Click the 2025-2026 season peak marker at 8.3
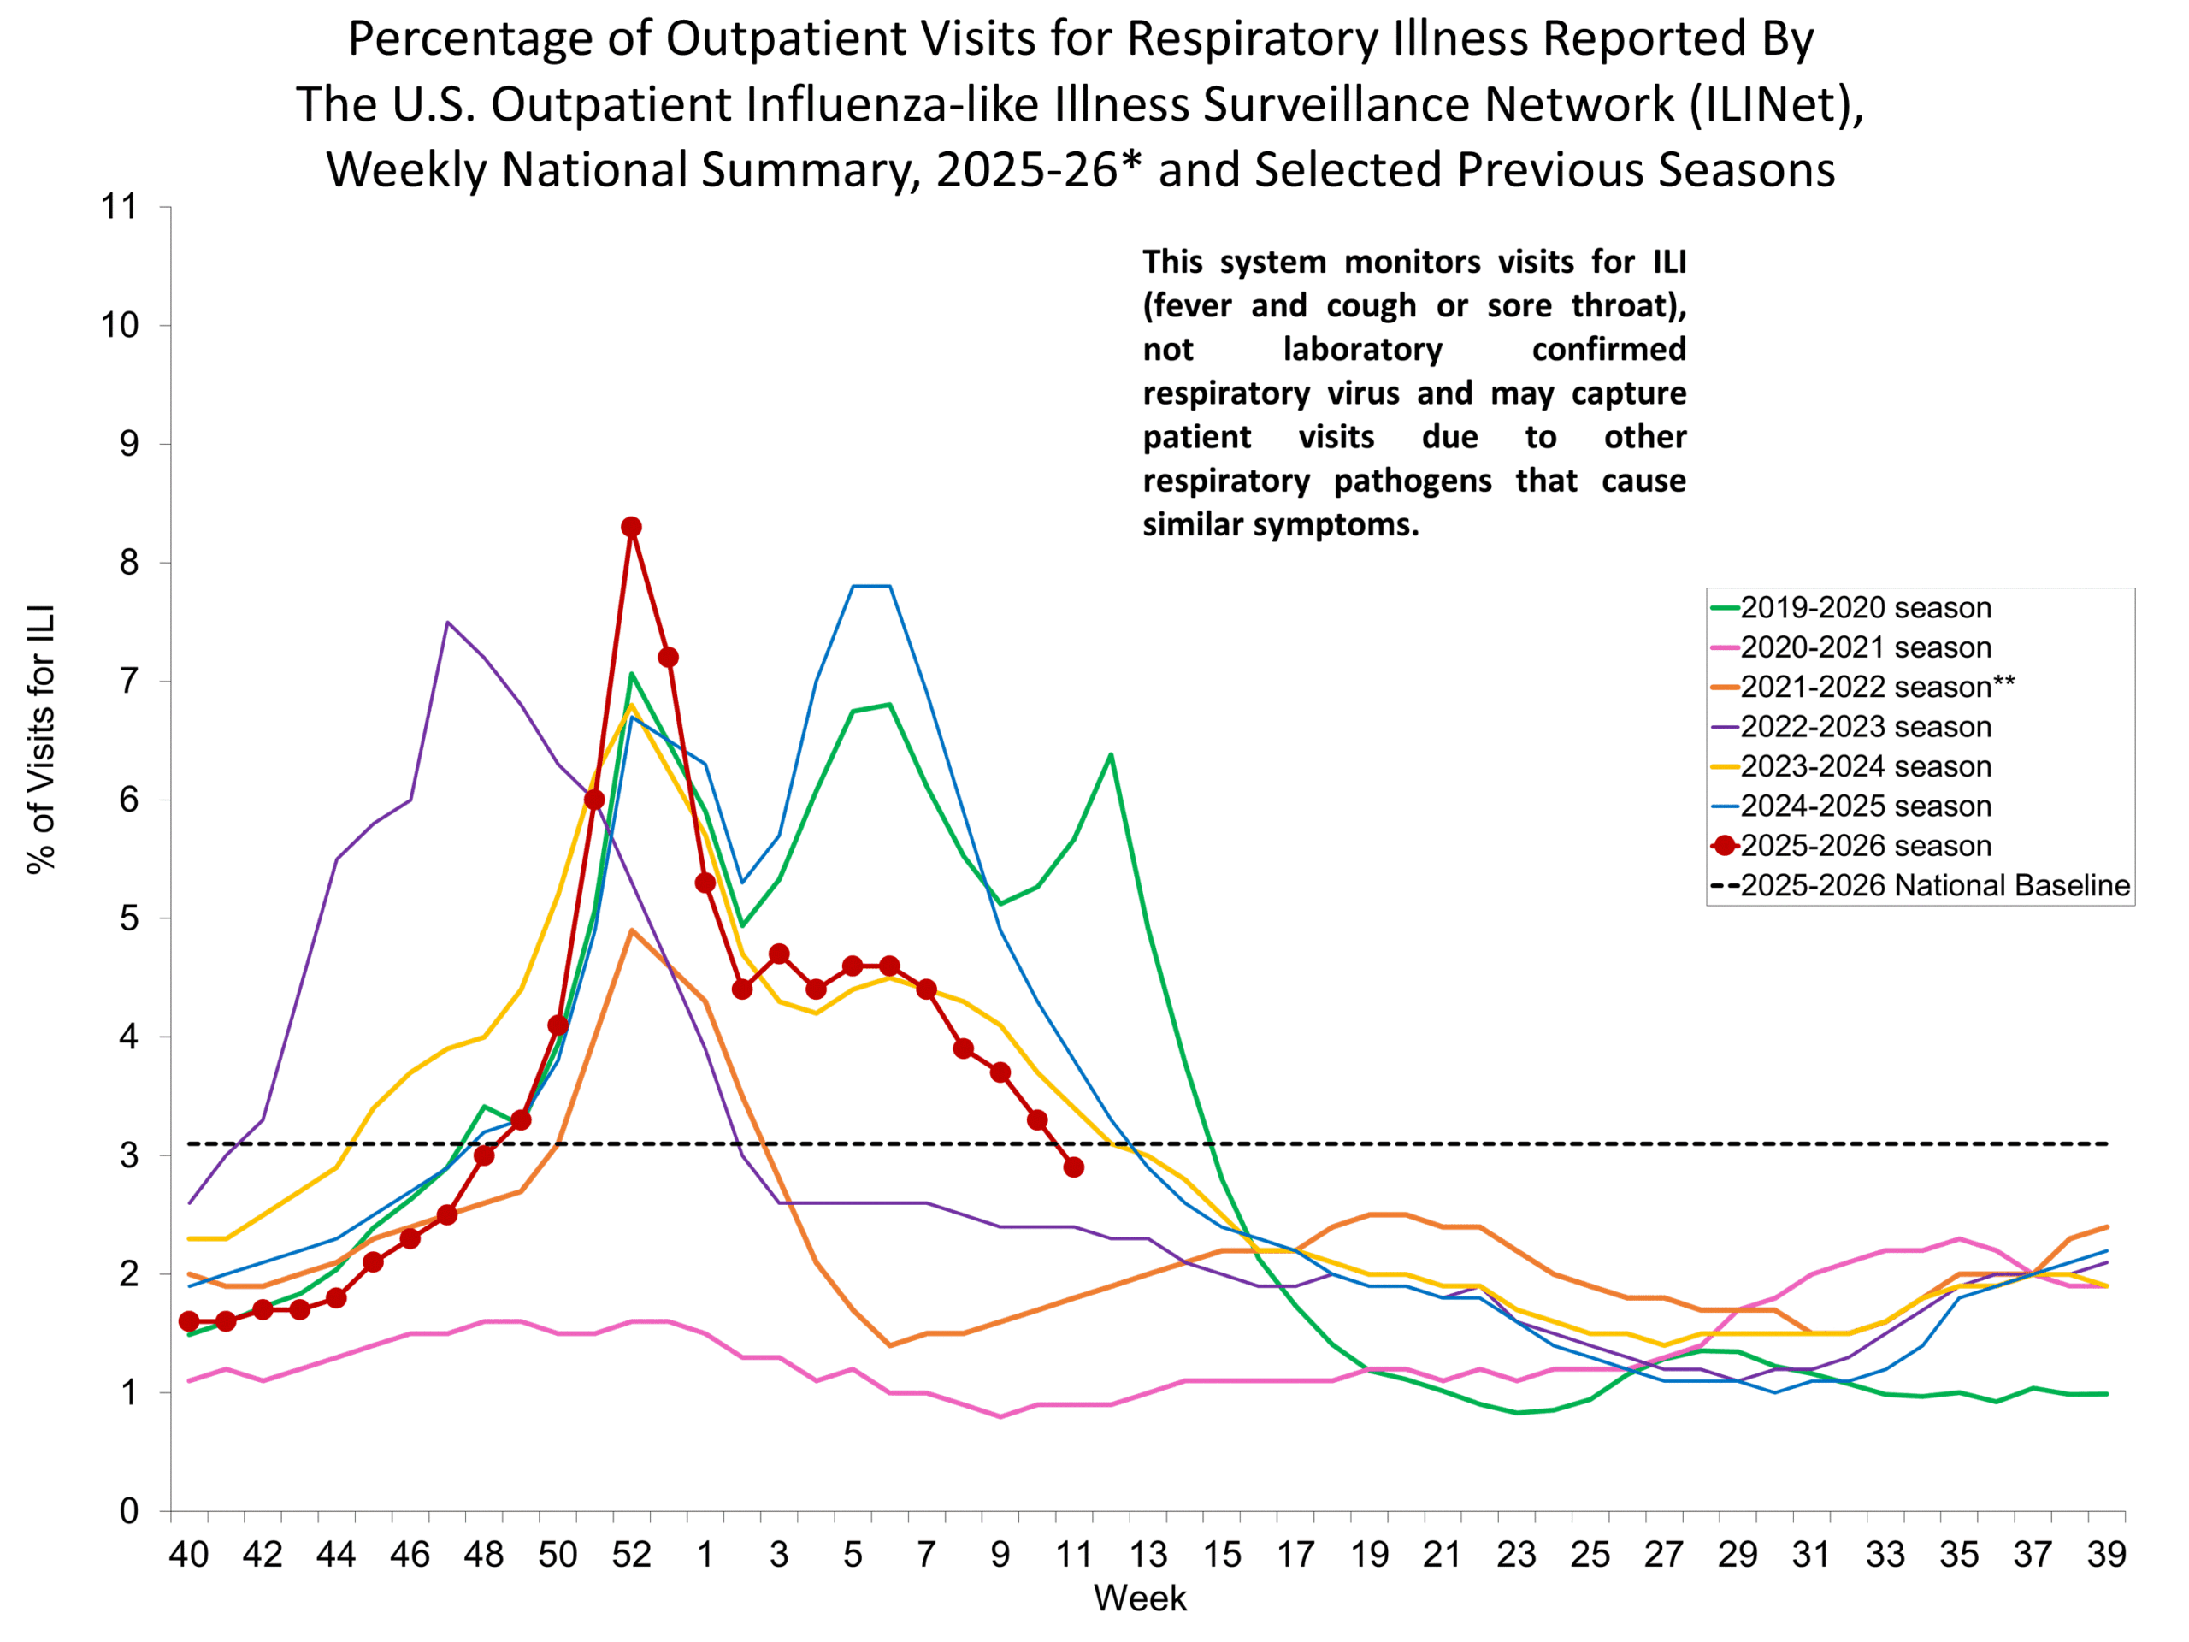631,527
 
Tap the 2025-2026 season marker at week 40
189,1321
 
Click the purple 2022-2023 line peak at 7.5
447,623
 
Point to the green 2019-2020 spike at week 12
1111,755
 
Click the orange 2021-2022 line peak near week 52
631,930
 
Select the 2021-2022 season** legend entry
1876,687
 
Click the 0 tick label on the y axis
128,1511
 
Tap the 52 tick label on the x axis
631,1555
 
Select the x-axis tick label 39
2107,1555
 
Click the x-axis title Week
1139,1598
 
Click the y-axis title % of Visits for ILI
42,740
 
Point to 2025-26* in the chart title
1038,169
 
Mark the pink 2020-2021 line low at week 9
1000,1416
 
